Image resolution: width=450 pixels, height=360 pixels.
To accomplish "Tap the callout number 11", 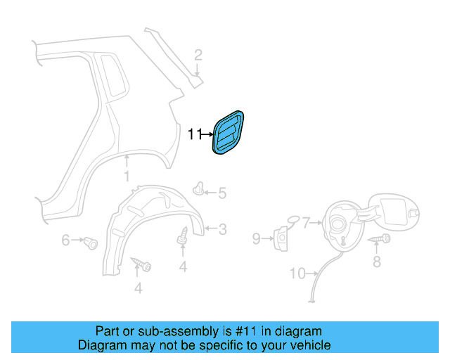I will click(195, 131).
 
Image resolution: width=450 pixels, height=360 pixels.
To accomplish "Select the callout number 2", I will click(198, 54).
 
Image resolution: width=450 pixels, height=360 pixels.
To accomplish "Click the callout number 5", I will click(221, 193).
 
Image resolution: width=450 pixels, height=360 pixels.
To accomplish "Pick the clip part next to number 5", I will click(200, 189).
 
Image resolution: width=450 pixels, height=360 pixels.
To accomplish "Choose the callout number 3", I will click(221, 229).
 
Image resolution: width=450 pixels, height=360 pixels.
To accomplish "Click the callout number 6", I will click(65, 240).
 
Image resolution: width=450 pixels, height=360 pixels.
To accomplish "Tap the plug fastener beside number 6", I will click(90, 243).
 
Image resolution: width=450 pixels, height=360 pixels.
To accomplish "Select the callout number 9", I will click(257, 240).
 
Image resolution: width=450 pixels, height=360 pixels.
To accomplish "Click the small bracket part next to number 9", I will click(281, 238).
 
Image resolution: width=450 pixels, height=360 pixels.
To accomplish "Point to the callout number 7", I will click(307, 224).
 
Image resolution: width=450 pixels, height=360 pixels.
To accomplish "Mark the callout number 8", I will click(376, 262).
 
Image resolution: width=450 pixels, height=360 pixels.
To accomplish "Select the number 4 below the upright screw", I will click(183, 266).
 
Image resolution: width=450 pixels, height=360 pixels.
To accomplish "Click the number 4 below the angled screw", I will click(138, 288).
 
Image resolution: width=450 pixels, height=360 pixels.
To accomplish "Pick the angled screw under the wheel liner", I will click(143, 266).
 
